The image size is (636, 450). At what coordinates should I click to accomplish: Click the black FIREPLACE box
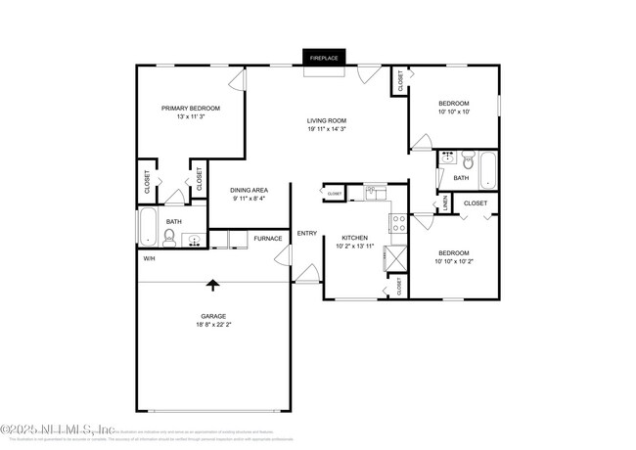click(324, 59)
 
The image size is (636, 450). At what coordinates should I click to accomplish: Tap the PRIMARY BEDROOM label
click(191, 108)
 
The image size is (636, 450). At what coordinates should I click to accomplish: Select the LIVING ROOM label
click(327, 121)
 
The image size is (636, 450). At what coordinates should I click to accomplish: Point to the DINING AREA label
click(250, 190)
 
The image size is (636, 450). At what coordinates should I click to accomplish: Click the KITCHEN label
click(354, 238)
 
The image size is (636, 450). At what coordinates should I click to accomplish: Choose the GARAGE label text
click(213, 316)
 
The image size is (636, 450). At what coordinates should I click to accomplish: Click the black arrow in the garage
click(212, 285)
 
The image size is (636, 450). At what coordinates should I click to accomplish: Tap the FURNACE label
click(268, 239)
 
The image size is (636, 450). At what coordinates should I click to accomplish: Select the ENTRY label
click(307, 233)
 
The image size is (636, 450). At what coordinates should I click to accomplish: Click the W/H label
click(150, 258)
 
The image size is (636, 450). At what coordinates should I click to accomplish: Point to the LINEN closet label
click(444, 202)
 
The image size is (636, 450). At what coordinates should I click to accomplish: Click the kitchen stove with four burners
click(398, 224)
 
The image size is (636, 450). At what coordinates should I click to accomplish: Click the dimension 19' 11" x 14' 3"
click(327, 130)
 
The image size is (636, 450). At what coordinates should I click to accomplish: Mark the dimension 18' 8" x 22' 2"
click(213, 325)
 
